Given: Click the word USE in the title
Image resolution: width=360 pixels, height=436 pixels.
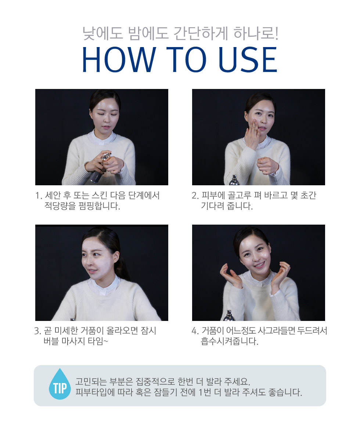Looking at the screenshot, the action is (248, 60).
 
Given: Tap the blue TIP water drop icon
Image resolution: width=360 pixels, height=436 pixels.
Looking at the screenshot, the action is (60, 384).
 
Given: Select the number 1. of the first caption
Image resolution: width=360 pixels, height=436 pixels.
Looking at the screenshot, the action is (39, 196).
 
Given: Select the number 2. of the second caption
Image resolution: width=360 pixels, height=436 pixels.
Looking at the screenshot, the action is (195, 196).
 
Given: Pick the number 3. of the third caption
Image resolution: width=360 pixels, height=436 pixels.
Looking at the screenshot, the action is (37, 331).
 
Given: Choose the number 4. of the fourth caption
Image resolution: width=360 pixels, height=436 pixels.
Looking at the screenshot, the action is (195, 331).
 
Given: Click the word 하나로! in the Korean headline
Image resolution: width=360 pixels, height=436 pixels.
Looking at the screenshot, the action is (256, 33).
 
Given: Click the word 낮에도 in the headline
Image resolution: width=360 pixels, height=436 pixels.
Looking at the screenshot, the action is (102, 33).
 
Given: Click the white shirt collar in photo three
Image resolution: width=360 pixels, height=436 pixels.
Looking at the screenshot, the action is (104, 286).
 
